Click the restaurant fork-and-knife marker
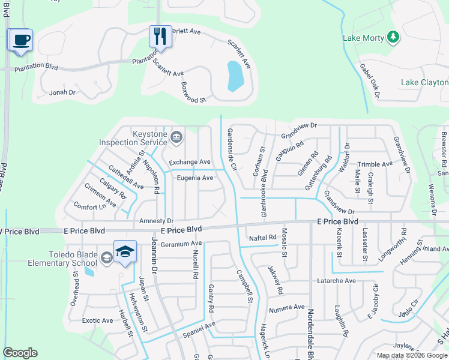click(x=160, y=37)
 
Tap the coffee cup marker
click(x=22, y=41)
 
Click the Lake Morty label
click(x=363, y=38)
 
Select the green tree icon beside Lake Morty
click(x=393, y=38)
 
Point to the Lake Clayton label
click(x=424, y=82)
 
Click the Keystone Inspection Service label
click(x=133, y=138)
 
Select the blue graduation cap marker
click(x=125, y=253)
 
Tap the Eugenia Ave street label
click(x=195, y=178)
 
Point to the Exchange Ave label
click(x=190, y=162)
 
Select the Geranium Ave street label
click(x=181, y=244)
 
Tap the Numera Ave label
click(x=287, y=307)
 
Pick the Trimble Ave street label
click(x=375, y=164)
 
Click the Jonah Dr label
click(x=62, y=92)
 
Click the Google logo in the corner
click(x=20, y=353)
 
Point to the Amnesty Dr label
click(x=156, y=221)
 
